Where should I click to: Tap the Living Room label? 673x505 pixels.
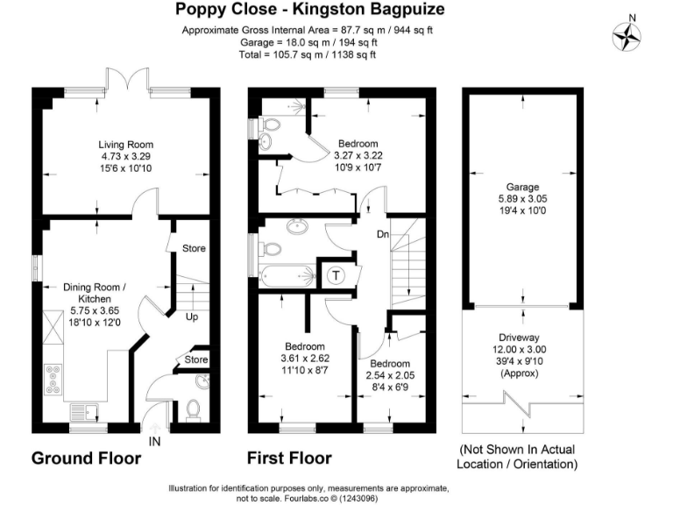[125, 145]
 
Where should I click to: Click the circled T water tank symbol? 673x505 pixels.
[336, 275]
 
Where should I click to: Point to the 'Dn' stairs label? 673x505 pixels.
[383, 234]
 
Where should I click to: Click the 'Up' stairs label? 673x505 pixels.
[190, 317]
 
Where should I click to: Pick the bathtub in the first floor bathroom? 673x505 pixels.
[283, 275]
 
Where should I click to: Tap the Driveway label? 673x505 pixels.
[520, 337]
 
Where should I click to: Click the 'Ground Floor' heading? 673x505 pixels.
[86, 458]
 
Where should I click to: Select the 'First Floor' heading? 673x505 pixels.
[289, 458]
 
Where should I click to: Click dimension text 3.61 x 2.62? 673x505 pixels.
[302, 359]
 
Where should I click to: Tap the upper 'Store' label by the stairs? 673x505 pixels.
[194, 248]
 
